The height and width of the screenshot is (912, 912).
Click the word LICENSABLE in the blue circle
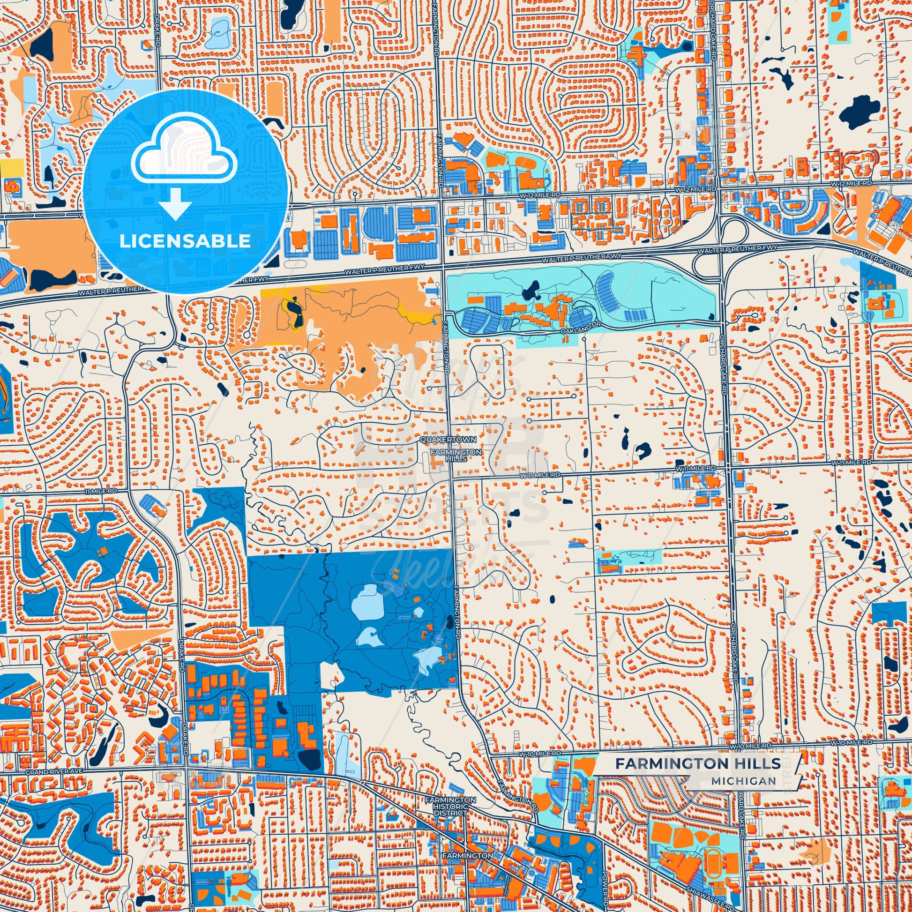(185, 241)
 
